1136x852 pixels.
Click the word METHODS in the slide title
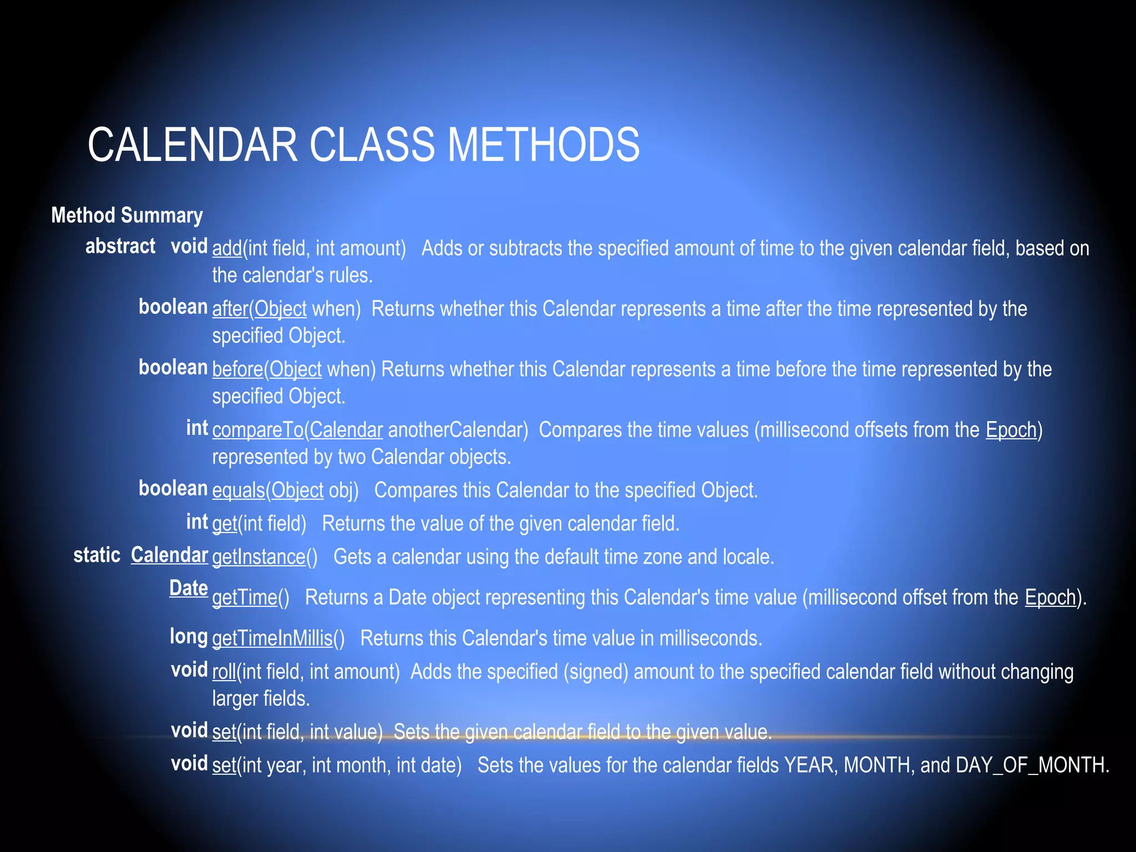point(543,145)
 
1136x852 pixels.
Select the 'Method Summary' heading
point(127,215)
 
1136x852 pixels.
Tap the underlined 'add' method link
point(227,248)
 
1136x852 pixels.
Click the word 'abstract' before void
point(120,246)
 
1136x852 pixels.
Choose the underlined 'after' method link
point(230,309)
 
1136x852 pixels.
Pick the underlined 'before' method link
point(237,369)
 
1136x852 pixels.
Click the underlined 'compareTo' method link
point(257,430)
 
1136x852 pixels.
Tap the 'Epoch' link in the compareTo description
point(1011,430)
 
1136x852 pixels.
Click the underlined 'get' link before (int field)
point(225,524)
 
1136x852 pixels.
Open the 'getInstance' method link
point(258,557)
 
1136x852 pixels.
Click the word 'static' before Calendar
point(97,555)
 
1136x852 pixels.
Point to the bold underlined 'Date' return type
point(189,588)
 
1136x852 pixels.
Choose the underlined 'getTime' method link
point(245,597)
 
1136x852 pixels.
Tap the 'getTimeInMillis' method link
point(272,638)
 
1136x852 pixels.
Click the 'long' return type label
point(189,636)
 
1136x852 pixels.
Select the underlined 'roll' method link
point(224,672)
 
